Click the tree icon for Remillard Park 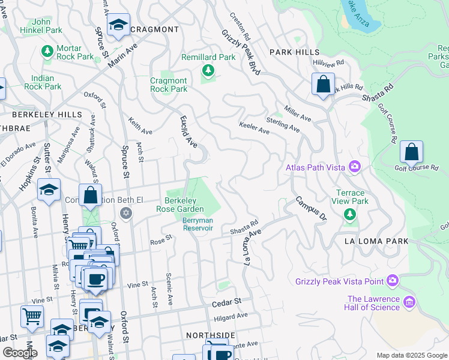tap(208, 71)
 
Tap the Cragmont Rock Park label tap(169, 85)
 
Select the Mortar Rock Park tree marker tap(47, 52)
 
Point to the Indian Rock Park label tap(43, 82)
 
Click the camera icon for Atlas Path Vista tap(355, 166)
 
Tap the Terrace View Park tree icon tap(350, 215)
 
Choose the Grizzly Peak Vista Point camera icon tap(392, 280)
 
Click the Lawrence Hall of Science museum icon tap(410, 301)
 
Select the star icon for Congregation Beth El tap(125, 212)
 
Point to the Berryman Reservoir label tap(197, 224)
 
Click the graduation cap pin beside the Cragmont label tap(118, 26)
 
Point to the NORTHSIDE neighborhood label tap(210, 335)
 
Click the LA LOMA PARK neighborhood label tap(376, 241)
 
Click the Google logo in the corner tap(20, 353)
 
